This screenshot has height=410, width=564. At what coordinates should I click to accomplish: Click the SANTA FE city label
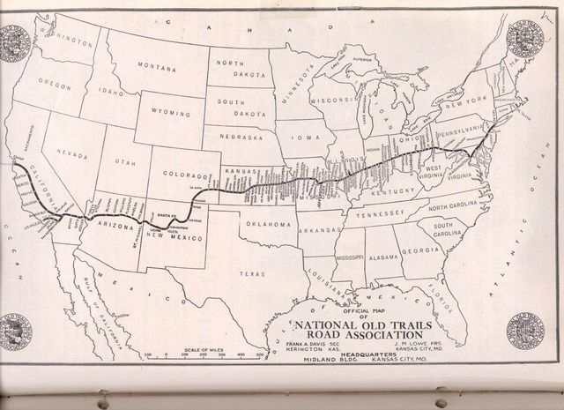click(x=165, y=215)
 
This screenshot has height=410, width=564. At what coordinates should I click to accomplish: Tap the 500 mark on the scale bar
click(x=260, y=355)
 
